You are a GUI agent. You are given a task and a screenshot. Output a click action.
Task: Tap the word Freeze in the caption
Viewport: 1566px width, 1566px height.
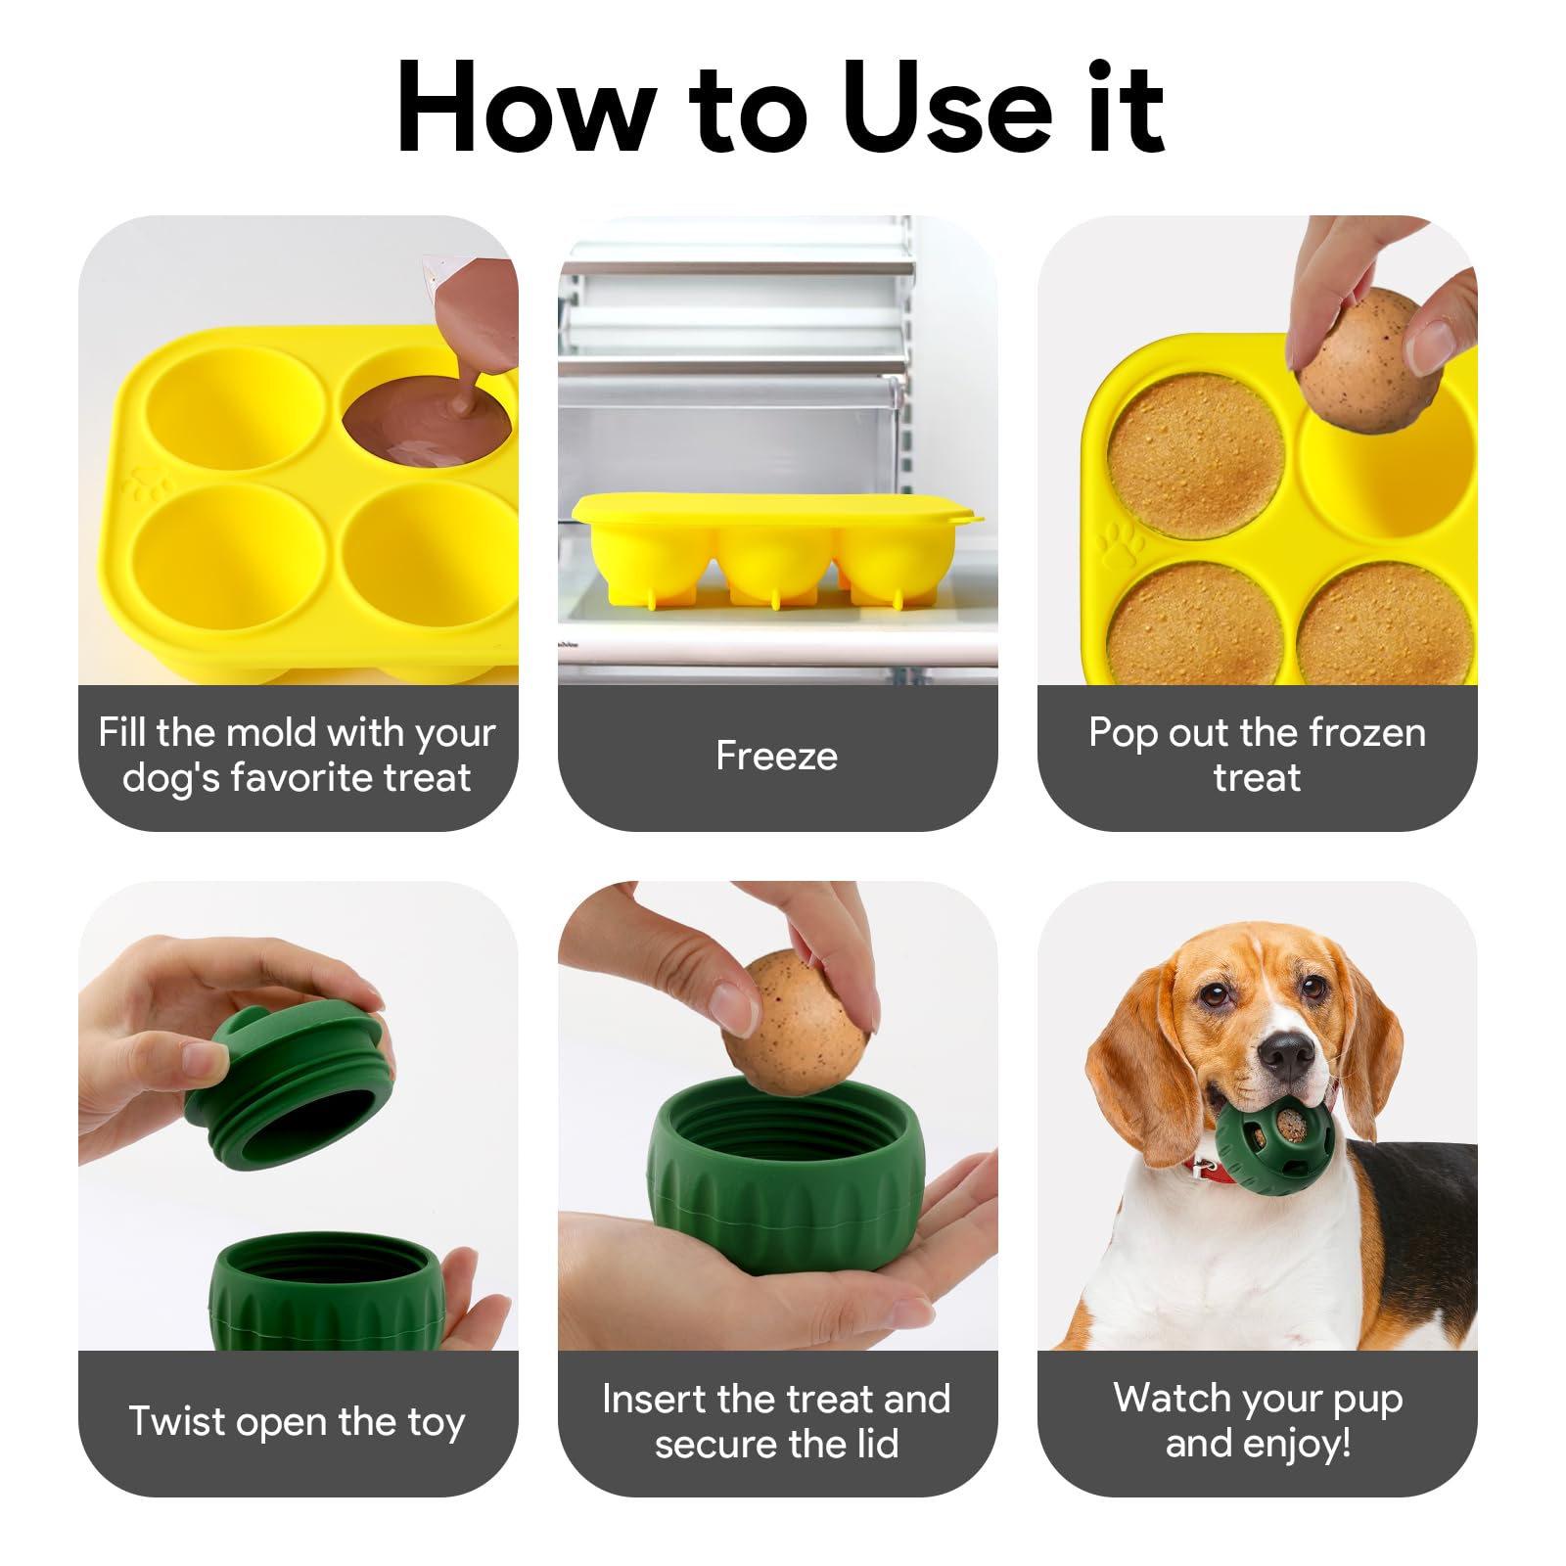click(x=777, y=756)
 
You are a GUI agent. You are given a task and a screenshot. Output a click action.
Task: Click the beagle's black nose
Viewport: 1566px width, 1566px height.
click(x=1285, y=1055)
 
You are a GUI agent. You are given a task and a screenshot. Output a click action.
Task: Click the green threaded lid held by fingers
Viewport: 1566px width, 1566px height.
click(x=290, y=1086)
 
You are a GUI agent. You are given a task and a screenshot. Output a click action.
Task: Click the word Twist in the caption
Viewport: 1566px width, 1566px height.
click(x=177, y=1420)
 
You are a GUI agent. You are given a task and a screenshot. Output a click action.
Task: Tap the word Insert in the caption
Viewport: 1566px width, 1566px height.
click(x=654, y=1399)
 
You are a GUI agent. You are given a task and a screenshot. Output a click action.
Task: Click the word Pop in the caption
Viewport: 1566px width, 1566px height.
click(x=1123, y=734)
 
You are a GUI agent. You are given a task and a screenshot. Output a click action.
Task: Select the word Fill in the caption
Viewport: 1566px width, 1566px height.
click(x=121, y=732)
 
